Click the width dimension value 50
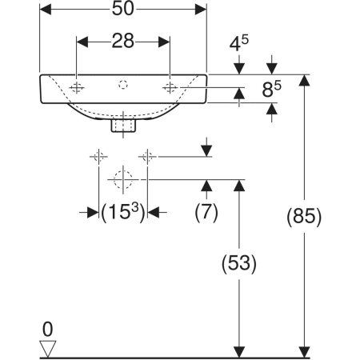point(122,9)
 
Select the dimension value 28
point(122,41)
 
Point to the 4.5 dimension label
point(239,43)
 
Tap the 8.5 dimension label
point(271,89)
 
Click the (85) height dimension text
point(304,216)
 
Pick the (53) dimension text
point(239,263)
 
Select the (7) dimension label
point(206,212)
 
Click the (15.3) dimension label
point(123,212)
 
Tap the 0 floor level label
point(48,329)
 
